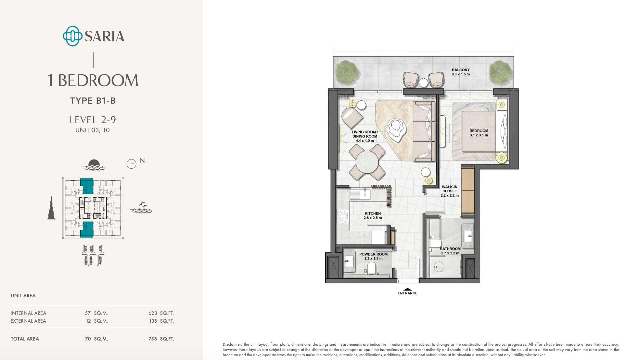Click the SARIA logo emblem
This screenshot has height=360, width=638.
tap(72, 36)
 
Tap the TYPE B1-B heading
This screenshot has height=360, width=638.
tap(93, 101)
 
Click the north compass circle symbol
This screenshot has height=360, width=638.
tap(131, 164)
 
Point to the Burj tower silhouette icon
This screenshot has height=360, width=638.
tap(51, 208)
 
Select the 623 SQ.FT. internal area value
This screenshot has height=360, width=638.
tap(161, 313)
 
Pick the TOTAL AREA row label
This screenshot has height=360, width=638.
tap(25, 339)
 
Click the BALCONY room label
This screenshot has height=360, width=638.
tap(461, 70)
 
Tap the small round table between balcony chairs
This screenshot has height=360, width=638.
tap(423, 83)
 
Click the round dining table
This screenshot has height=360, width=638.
tap(367, 162)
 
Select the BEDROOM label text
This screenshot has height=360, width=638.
tap(479, 131)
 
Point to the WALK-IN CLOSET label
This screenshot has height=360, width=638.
tap(450, 189)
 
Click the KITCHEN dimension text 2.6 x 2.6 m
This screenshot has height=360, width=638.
tap(373, 218)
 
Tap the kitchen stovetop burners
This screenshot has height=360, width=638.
tap(343, 216)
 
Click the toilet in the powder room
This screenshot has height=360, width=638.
tap(372, 268)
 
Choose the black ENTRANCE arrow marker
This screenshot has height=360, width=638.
tap(407, 289)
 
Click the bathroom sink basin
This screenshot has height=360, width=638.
tap(467, 236)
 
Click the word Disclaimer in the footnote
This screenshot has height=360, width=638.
tap(232, 344)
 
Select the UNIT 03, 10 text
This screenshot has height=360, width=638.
tap(93, 130)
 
